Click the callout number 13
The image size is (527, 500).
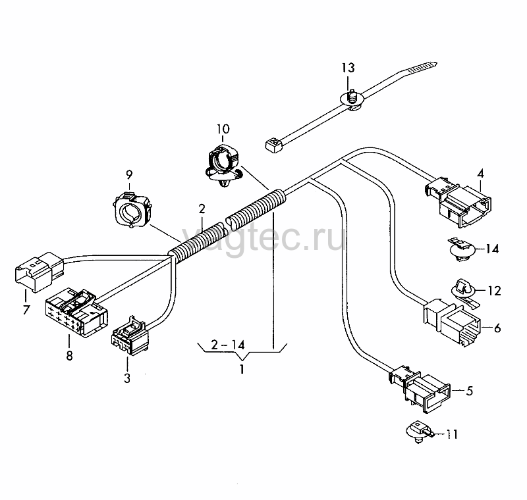348,68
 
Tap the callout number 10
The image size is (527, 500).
223,129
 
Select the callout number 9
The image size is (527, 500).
129,174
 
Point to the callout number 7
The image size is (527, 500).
26,309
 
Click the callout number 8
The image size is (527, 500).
69,355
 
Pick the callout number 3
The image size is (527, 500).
127,378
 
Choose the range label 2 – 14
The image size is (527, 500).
228,345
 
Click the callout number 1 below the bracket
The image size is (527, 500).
242,370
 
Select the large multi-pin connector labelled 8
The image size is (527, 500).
76,312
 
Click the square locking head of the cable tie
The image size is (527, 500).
273,145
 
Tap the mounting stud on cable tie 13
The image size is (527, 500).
352,97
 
